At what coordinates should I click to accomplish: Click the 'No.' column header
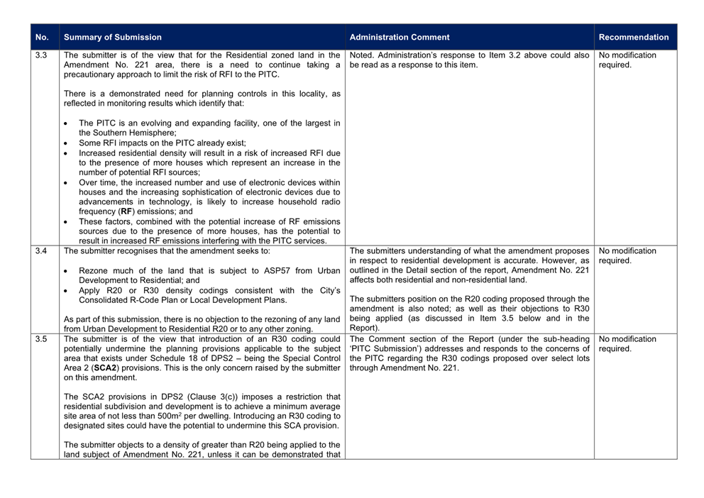pyautogui.click(x=42, y=38)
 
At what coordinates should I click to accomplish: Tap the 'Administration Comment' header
pyautogui.click(x=400, y=38)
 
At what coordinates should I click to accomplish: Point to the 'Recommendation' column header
pyautogui.click(x=634, y=38)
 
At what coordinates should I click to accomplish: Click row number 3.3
pyautogui.click(x=41, y=55)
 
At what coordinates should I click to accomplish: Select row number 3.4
pyautogui.click(x=41, y=250)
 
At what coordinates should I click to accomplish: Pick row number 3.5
pyautogui.click(x=41, y=339)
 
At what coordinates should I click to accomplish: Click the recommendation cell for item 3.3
pyautogui.click(x=627, y=60)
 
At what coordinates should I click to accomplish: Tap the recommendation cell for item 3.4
pyautogui.click(x=627, y=255)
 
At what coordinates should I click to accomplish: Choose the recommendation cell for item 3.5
pyautogui.click(x=627, y=344)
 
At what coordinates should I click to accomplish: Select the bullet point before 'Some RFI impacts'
pyautogui.click(x=66, y=143)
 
